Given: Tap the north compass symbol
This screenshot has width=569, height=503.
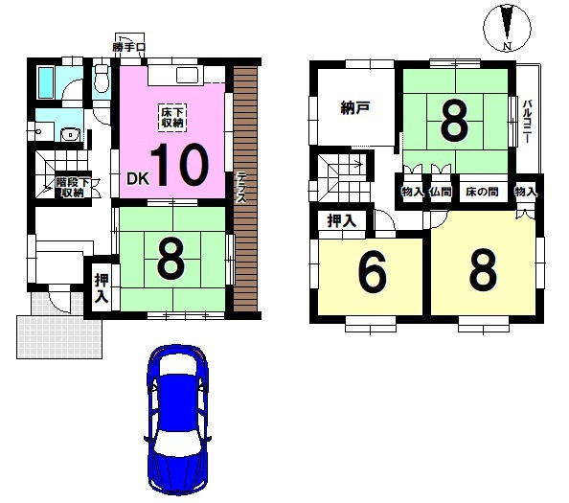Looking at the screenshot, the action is point(508,28).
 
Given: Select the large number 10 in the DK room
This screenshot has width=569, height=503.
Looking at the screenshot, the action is point(180,165).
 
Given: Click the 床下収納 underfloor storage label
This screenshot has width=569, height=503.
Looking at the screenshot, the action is point(172,117).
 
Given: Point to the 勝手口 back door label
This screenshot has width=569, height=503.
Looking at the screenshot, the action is point(128,47).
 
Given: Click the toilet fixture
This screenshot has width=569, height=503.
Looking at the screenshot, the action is point(102,78).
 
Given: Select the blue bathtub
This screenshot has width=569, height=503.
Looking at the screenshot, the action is point(46,82).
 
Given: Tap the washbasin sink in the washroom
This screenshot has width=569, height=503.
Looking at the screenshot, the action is point(70,135).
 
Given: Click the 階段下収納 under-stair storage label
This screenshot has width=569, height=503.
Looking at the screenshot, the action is point(74,187).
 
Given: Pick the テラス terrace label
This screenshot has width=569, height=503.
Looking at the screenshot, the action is point(241,188).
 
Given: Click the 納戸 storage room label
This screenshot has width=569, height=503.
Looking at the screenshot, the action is point(355,108).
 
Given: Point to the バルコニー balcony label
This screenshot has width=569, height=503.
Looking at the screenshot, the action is point(527,121).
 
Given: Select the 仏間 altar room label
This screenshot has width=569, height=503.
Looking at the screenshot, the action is point(441,192).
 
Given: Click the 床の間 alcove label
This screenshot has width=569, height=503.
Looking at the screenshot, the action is point(482,192).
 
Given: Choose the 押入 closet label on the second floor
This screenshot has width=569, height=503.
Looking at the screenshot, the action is point(341,220).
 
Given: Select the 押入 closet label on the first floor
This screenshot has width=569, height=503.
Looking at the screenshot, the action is point(102,289).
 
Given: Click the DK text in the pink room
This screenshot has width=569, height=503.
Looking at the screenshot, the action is point(138,178).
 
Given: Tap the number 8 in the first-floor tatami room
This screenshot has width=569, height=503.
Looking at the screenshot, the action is point(171,261).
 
